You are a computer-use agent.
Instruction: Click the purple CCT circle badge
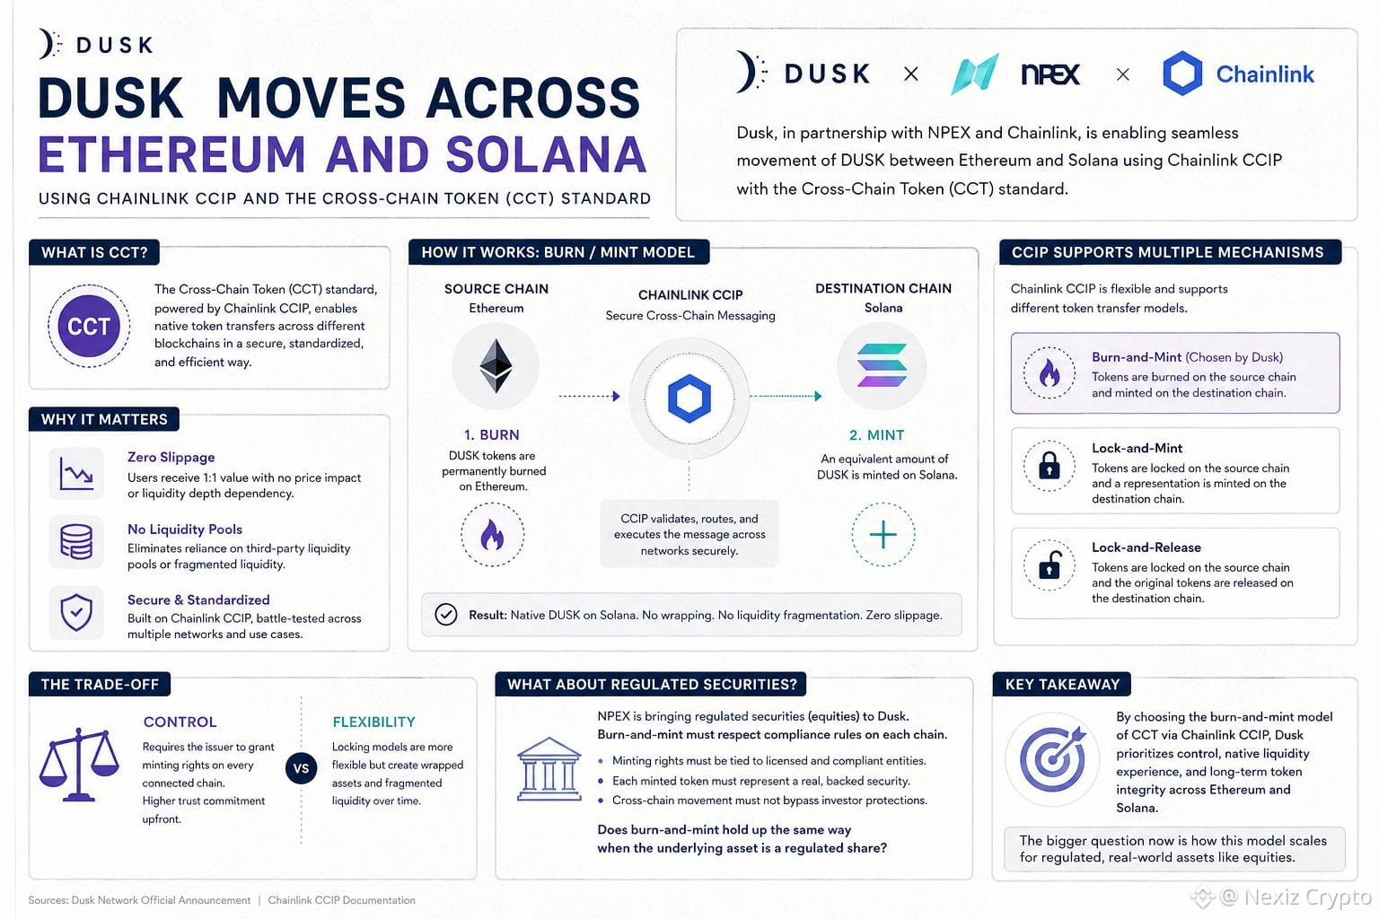[89, 326]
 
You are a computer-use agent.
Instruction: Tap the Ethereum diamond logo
[496, 365]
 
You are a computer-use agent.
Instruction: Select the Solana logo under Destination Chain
[882, 365]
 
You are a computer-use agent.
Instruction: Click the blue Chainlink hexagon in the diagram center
[689, 398]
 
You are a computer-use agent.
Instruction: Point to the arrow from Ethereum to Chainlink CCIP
[589, 397]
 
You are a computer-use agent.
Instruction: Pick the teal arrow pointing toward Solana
[786, 396]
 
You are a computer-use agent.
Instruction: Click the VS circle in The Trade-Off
[301, 768]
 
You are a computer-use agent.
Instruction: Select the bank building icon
[549, 769]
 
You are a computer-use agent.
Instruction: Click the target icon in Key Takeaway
[1053, 759]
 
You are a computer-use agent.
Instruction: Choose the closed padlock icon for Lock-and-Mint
[1049, 466]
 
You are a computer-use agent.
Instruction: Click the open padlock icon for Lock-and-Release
[1049, 565]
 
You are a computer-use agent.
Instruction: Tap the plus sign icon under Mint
[883, 534]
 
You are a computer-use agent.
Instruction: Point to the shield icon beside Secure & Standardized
[76, 612]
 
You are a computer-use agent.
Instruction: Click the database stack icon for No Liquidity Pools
[76, 542]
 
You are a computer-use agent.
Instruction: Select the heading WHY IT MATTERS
[104, 419]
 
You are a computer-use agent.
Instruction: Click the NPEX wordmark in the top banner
[1050, 74]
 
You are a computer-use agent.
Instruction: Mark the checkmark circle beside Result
[445, 614]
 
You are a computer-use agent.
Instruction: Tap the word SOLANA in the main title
[546, 154]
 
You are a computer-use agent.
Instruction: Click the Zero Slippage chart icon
[76, 473]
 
